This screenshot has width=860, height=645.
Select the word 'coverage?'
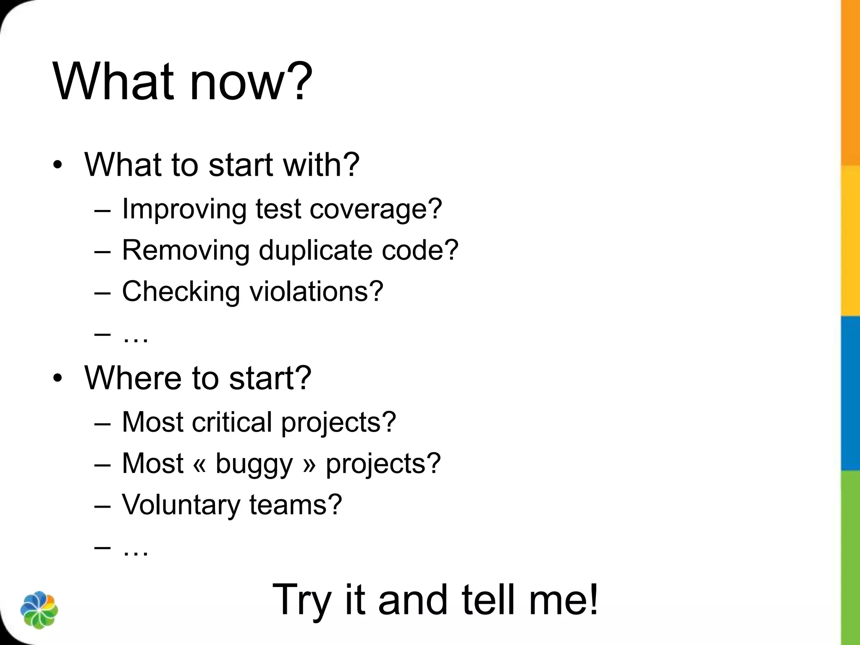coord(376,209)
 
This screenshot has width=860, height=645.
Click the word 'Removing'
coord(186,250)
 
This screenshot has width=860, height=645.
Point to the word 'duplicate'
coord(315,250)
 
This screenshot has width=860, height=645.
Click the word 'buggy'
coord(254,464)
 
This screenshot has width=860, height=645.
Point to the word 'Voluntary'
coord(181,505)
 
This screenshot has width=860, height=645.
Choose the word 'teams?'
coord(296,505)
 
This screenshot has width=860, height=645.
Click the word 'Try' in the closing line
coord(302,600)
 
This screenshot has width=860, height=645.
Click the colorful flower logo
coord(39,610)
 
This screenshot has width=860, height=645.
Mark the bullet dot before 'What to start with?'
coord(58,165)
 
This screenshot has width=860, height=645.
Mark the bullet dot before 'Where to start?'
coord(58,378)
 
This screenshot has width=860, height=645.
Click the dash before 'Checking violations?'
coord(103,292)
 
